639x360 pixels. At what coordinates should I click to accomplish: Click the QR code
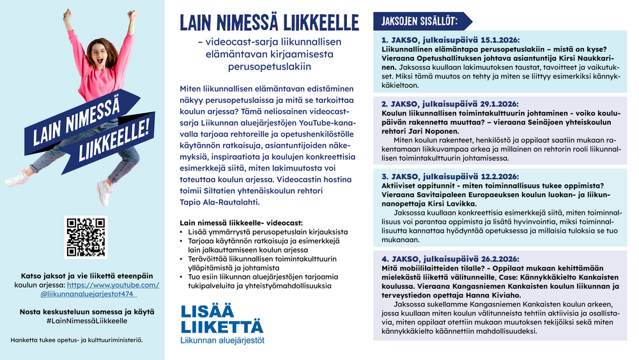[x=82, y=237]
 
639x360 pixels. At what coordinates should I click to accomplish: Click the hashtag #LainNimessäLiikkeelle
[x=82, y=320]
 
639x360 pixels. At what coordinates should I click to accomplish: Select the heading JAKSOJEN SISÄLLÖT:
[x=419, y=21]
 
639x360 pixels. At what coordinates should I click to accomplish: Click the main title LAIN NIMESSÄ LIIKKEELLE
[x=269, y=23]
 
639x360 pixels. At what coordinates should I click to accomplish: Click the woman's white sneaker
[x=104, y=192]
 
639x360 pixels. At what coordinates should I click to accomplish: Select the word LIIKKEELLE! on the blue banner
[x=115, y=137]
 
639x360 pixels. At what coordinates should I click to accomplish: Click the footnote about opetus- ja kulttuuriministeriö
[x=77, y=340]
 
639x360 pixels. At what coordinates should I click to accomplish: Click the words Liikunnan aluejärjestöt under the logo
[x=222, y=340]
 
